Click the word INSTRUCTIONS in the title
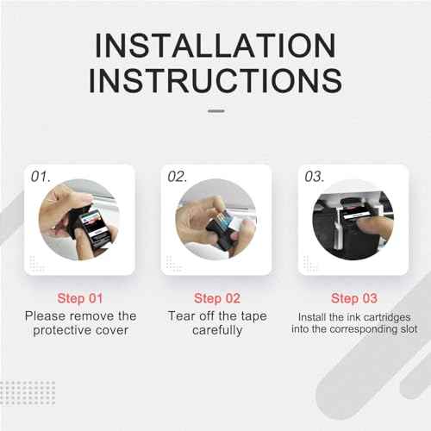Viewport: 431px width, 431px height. (215, 80)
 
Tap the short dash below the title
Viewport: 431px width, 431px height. (215, 110)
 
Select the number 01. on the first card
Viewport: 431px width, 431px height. (41, 176)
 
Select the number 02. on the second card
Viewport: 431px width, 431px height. (178, 176)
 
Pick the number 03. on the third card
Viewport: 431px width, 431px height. (314, 176)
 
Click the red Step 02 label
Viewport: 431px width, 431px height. (216, 298)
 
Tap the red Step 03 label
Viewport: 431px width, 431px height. (353, 298)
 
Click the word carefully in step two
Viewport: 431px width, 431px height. (216, 330)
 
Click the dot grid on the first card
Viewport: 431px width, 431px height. (37, 263)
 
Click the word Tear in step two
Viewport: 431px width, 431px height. (181, 315)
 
